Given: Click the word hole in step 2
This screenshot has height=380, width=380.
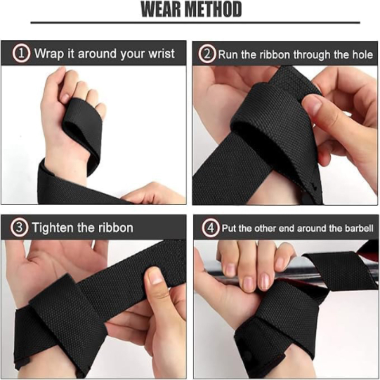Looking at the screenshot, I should click(x=362, y=54).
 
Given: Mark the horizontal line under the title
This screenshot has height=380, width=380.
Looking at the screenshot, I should click(x=195, y=22).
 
